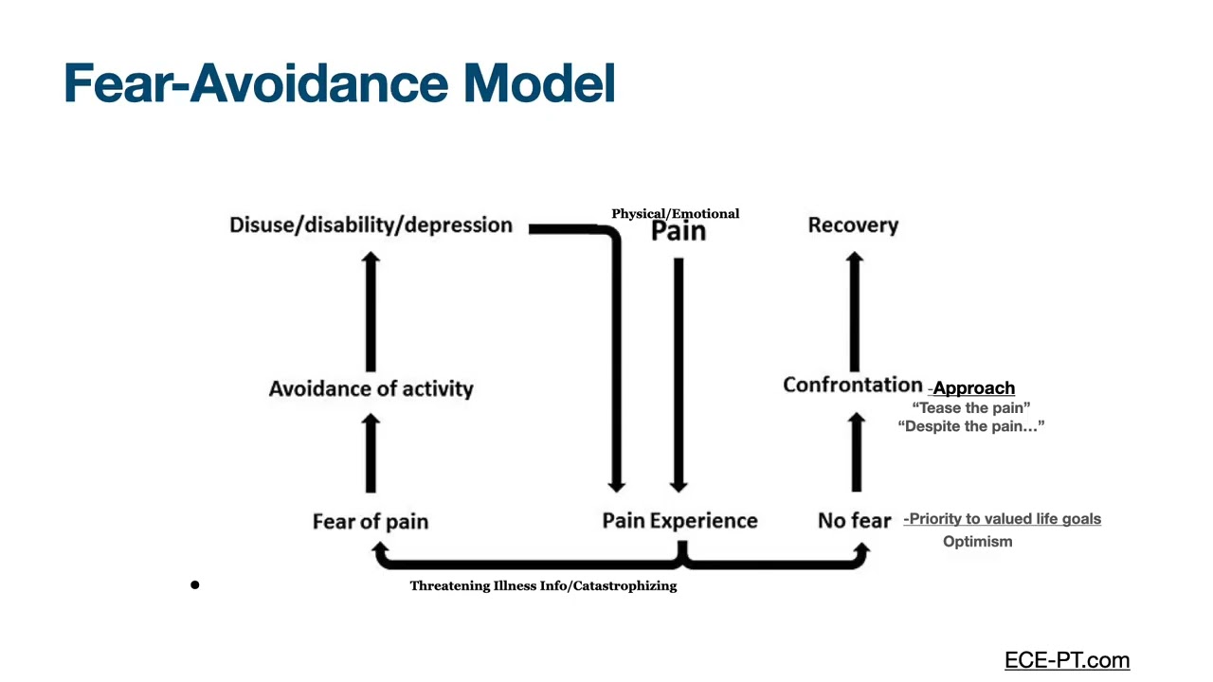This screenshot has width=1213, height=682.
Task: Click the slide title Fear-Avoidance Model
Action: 339,83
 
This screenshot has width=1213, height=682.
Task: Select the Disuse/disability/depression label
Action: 371,225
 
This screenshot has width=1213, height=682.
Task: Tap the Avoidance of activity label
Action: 371,388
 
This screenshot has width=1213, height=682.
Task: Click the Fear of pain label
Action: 371,521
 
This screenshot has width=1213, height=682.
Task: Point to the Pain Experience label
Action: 679,521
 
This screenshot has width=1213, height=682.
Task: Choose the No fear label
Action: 854,521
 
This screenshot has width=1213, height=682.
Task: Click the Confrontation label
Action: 852,385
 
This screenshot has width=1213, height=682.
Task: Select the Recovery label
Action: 853,225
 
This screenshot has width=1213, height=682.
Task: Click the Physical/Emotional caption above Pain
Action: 675,214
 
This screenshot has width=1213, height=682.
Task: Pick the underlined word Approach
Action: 973,388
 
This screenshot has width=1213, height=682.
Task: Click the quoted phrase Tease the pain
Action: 970,407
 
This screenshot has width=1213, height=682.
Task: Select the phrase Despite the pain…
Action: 970,426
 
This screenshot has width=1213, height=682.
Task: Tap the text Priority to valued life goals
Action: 1003,519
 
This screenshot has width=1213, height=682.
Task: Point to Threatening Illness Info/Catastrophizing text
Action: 543,586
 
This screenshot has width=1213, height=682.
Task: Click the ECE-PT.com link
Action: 1067,660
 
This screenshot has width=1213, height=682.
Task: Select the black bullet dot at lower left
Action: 195,585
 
